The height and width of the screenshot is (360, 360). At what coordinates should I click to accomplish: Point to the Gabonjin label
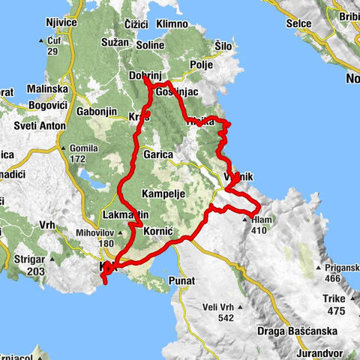point(97,112)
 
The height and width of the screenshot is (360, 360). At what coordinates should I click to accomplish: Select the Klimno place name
point(173,25)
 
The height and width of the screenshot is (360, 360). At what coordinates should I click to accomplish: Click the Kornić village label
point(158,232)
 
